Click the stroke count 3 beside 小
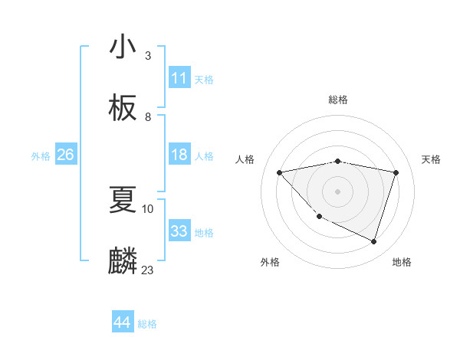pos(148,56)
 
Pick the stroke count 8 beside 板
pos(148,116)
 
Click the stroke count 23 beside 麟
pos(148,270)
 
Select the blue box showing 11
pos(179,78)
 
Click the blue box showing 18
pos(179,155)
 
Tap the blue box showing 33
pos(179,231)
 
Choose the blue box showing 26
pos(65,155)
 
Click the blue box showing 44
pos(123,322)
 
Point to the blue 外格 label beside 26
pos(41,156)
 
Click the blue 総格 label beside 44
pos(147,324)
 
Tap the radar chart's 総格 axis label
pos(337,100)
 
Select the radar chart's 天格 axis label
pos(432,159)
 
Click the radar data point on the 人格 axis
pos(280,172)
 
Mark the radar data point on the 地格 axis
pos(373,241)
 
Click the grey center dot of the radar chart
pos(337,191)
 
